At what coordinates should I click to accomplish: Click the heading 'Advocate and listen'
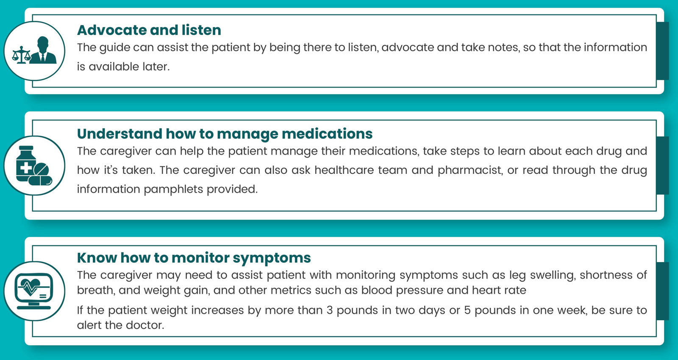coord(149,30)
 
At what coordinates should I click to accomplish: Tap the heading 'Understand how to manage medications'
coord(225,134)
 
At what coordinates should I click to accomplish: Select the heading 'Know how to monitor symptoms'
coord(194,258)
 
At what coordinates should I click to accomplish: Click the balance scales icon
coord(21,55)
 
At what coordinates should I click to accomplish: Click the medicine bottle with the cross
coord(26,164)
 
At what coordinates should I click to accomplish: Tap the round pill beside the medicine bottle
coord(41,170)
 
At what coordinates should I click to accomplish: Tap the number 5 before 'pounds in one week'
coord(467,310)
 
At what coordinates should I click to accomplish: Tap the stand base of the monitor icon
coord(34,307)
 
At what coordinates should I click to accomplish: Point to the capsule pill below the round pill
coord(40,181)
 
